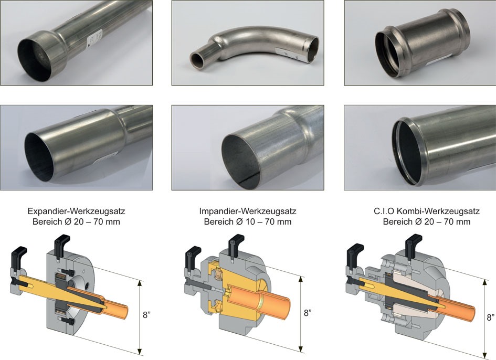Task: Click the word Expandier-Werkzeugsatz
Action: point(76,211)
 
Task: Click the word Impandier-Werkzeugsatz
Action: point(248,211)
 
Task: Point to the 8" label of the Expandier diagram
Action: point(146,315)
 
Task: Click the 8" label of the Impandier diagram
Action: point(308,313)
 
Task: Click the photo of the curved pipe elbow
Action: point(248,43)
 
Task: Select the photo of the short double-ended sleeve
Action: point(420,43)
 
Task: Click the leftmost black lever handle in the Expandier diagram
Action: point(19,253)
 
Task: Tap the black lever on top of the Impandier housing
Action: point(236,242)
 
